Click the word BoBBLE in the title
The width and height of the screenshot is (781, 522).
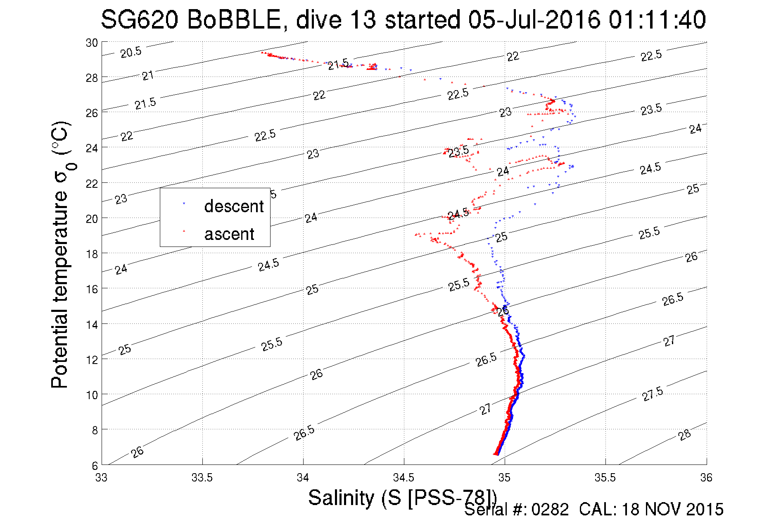[x=234, y=20]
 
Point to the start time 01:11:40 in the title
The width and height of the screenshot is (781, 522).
[x=657, y=20]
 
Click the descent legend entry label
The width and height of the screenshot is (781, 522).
[x=234, y=206]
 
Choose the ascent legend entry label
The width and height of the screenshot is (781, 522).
[x=229, y=234]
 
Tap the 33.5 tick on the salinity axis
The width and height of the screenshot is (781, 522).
[x=202, y=478]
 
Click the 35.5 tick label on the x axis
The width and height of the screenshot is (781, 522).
[x=605, y=478]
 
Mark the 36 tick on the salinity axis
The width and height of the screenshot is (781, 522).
[x=706, y=478]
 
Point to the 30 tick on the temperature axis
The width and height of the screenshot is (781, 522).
[x=92, y=43]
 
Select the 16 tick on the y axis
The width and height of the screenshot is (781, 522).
[x=92, y=289]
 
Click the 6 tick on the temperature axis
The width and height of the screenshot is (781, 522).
[x=95, y=465]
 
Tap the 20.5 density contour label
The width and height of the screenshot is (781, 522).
[x=131, y=53]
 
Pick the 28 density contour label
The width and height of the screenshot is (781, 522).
[x=684, y=435]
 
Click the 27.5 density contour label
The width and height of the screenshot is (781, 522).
[x=653, y=394]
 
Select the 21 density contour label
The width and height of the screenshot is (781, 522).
[x=148, y=76]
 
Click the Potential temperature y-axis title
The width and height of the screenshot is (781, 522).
[x=60, y=255]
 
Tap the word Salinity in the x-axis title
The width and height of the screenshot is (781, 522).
[x=341, y=498]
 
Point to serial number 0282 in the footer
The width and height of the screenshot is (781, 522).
[x=550, y=510]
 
